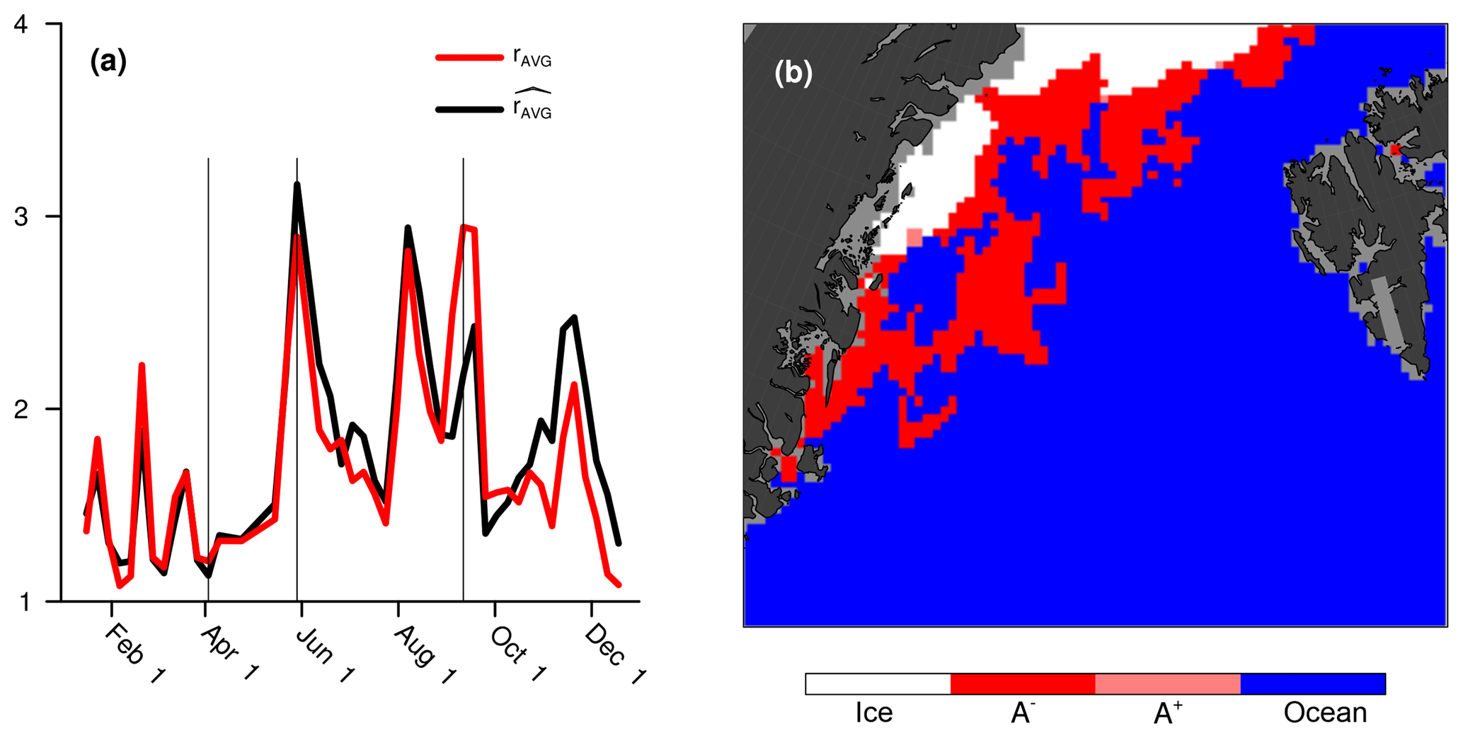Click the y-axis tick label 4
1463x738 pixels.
[x=21, y=25]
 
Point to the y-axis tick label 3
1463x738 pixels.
[x=21, y=217]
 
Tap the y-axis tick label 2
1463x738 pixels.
[x=21, y=409]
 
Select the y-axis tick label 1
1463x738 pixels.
[x=21, y=602]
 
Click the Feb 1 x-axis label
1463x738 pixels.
[x=134, y=653]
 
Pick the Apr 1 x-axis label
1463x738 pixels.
[x=229, y=653]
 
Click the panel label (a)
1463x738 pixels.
[x=108, y=62]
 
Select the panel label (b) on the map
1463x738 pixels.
[x=793, y=72]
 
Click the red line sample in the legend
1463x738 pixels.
[x=469, y=57]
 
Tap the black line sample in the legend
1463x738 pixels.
[x=469, y=109]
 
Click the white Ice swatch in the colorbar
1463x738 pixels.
[x=878, y=684]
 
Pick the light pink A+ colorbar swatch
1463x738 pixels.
[x=1167, y=684]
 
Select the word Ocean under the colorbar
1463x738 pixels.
[x=1325, y=713]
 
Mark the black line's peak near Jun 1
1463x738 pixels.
[x=297, y=185]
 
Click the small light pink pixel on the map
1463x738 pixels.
[x=914, y=237]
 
